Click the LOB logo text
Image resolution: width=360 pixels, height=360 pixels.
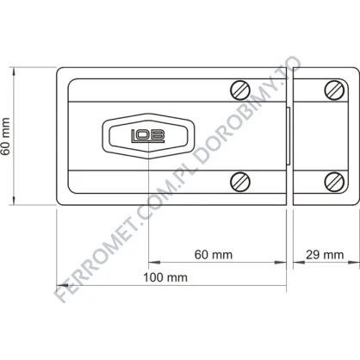tap(148, 136)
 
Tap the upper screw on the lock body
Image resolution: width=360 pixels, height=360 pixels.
tap(240, 90)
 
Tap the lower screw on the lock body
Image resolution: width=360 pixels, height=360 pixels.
tap(240, 182)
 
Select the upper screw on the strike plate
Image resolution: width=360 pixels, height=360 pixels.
tap(334, 90)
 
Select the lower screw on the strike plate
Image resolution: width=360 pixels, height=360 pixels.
tap(334, 182)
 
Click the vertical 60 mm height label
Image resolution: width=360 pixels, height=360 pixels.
tap(6, 136)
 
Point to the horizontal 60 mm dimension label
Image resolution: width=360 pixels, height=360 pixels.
tap(214, 255)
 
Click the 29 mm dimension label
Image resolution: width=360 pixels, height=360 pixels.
tap(325, 255)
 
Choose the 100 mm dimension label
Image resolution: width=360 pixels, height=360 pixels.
tap(165, 277)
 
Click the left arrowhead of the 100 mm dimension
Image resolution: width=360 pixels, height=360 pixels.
tap(62, 285)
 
